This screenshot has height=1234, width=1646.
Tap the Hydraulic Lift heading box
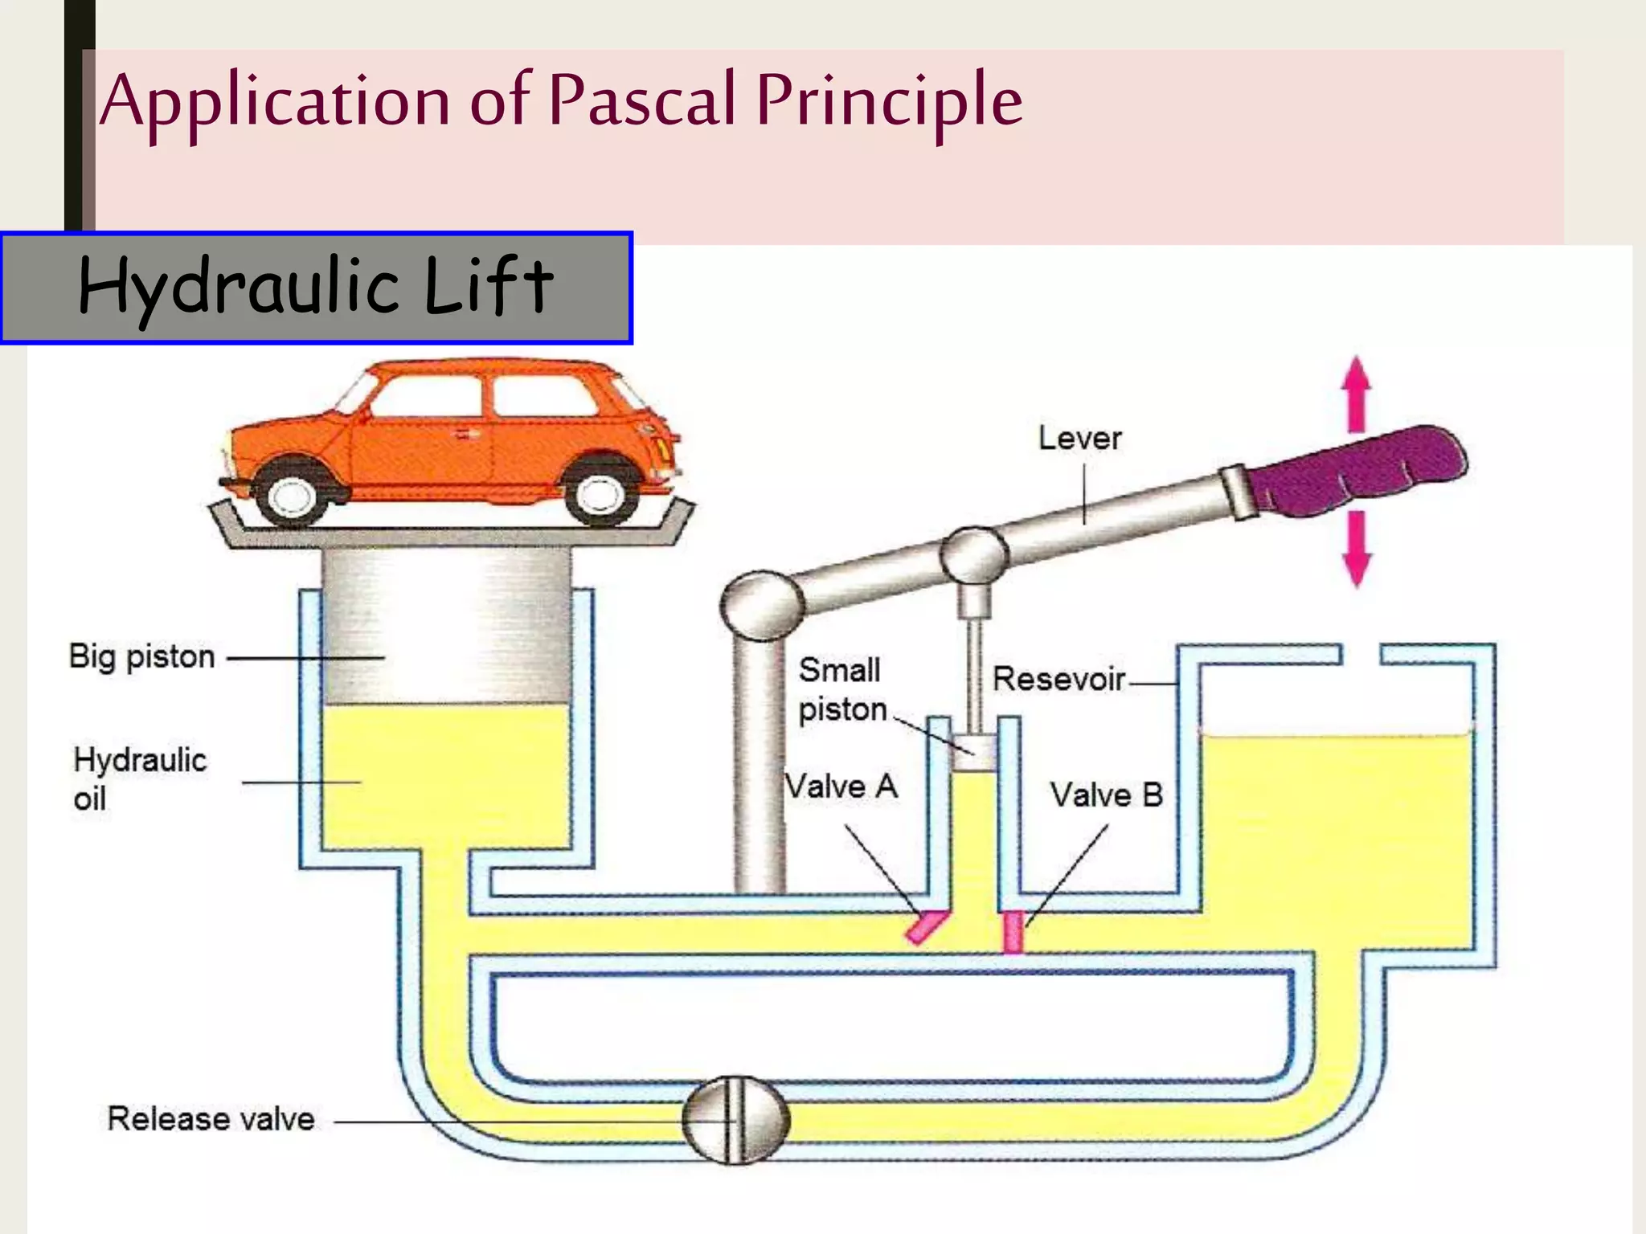(x=316, y=288)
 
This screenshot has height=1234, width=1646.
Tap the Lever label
(x=1079, y=439)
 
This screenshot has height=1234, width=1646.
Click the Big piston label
(x=141, y=657)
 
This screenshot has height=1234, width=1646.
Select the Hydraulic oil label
(x=139, y=778)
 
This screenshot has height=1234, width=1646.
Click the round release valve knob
(x=735, y=1120)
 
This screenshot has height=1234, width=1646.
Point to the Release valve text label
(x=211, y=1119)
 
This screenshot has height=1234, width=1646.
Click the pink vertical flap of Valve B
(x=1013, y=932)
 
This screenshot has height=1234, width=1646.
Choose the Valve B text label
(x=1106, y=795)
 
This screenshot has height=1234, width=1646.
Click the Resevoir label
(x=1058, y=680)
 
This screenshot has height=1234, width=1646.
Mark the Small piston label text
(x=841, y=690)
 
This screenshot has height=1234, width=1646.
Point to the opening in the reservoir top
(x=1361, y=654)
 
